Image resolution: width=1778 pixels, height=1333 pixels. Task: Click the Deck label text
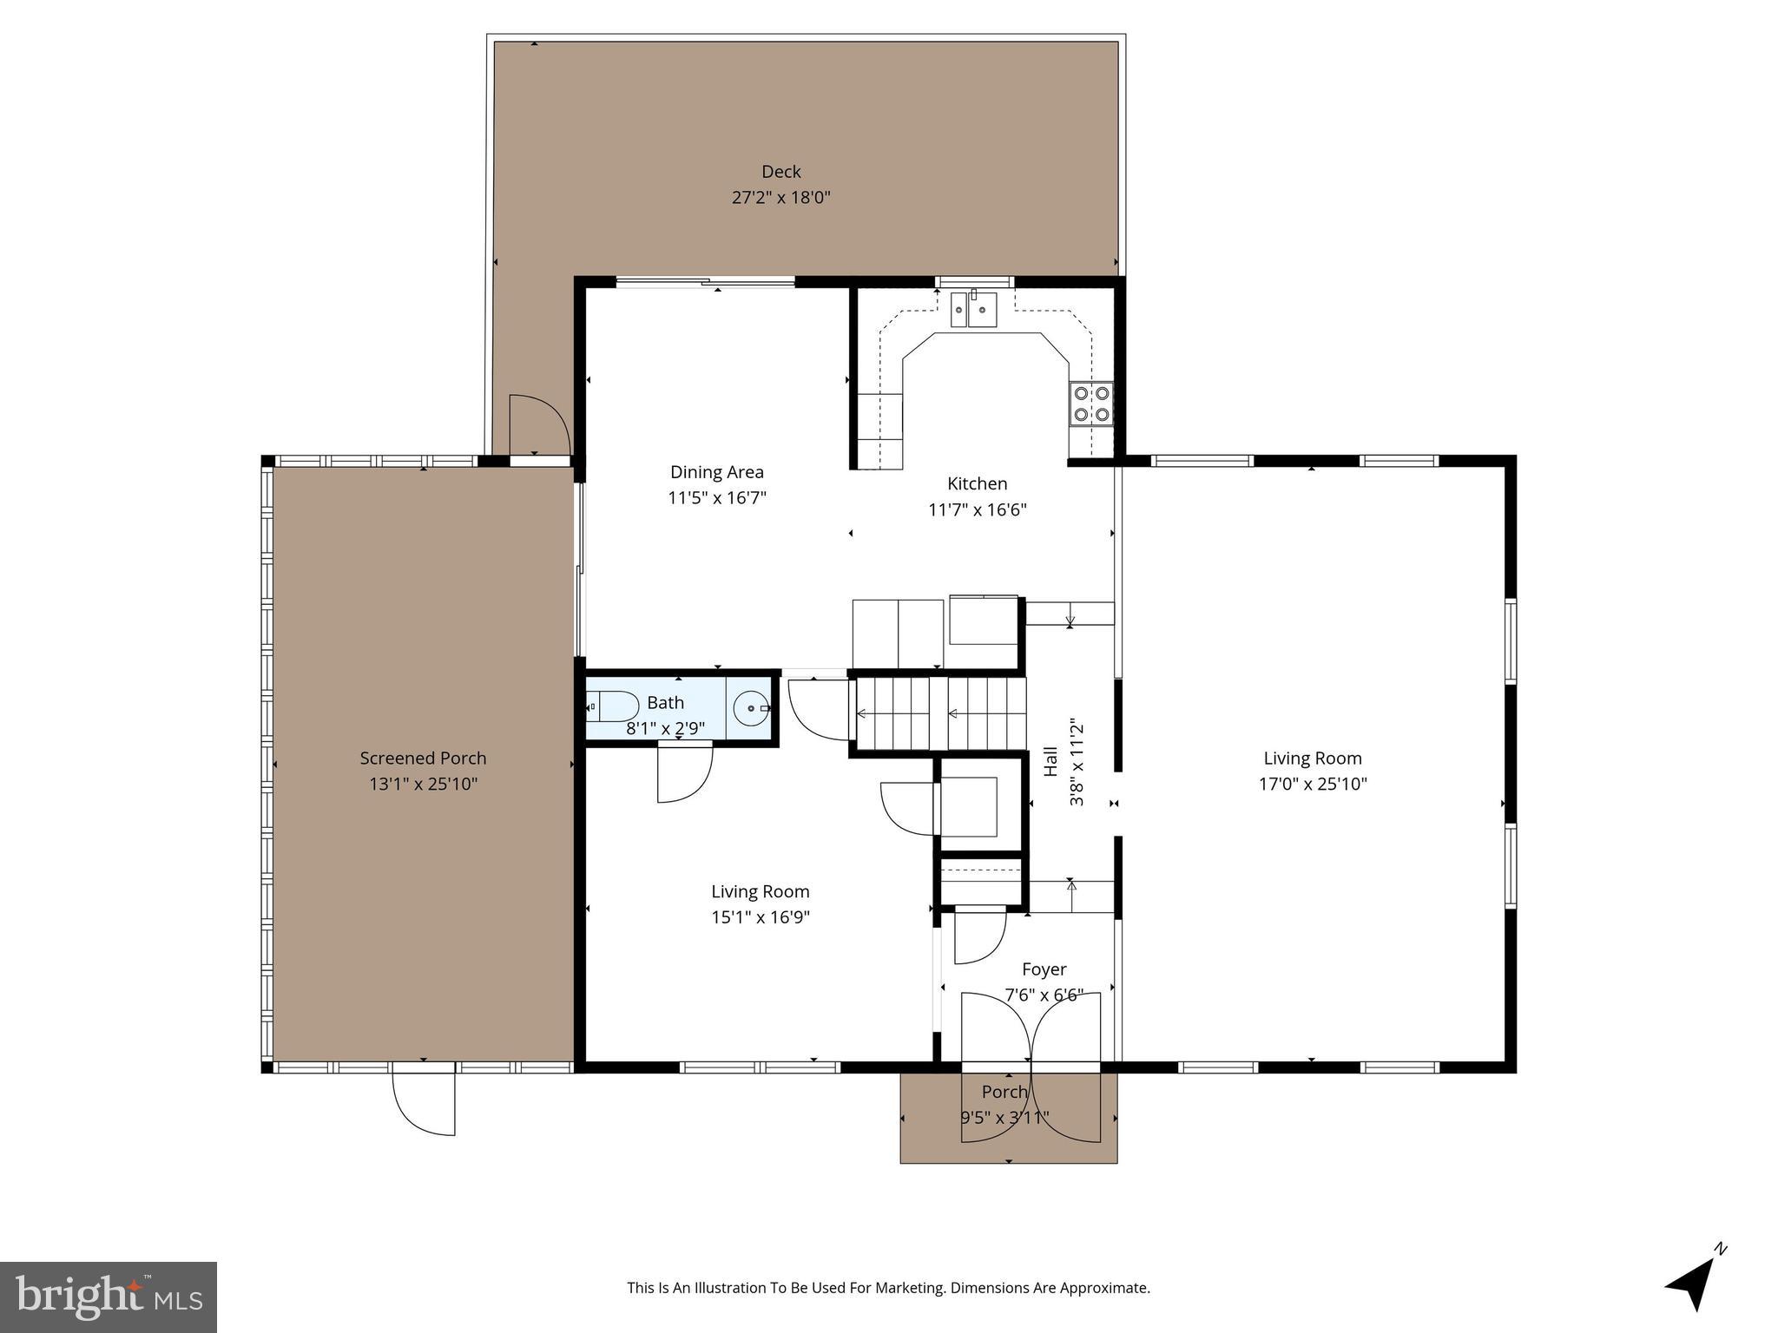[x=780, y=172]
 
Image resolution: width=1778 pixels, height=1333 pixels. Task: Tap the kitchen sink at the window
[x=973, y=310]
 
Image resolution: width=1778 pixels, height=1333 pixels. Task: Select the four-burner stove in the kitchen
[x=1092, y=404]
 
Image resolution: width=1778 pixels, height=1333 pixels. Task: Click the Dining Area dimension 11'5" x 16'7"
[x=716, y=498]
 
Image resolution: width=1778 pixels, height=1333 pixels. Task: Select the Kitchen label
[x=977, y=484]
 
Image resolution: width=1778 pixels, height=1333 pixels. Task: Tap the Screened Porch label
[x=423, y=758]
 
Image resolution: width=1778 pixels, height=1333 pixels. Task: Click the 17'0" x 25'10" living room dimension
[x=1312, y=785]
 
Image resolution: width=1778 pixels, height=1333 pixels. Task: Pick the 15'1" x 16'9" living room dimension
[x=760, y=917]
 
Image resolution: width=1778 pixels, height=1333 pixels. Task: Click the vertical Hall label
[x=1050, y=761]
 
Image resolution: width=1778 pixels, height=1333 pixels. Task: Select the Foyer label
[x=1044, y=969]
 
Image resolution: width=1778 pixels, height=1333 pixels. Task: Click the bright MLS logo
[x=109, y=1297]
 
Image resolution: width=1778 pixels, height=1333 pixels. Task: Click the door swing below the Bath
[x=683, y=773]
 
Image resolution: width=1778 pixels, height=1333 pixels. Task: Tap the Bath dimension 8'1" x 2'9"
[x=665, y=729]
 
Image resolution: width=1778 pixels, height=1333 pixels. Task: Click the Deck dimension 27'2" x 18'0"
[x=780, y=198]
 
